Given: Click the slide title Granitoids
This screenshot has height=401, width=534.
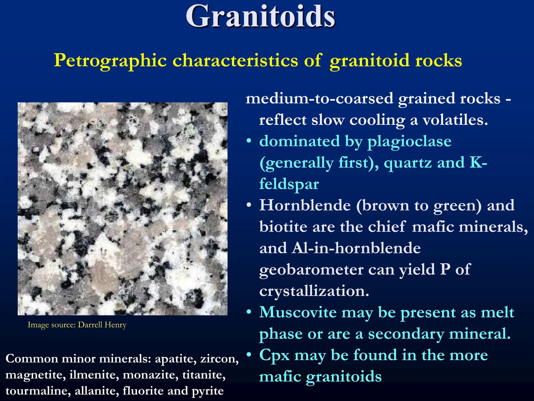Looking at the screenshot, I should coord(260,17).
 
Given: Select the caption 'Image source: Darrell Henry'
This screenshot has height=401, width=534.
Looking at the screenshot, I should coord(77,325).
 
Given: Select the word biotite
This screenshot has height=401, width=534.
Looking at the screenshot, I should coord(283,227).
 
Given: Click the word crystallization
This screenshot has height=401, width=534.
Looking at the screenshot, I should coord(314,291).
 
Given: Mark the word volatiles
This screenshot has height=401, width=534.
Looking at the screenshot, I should coord(455,120).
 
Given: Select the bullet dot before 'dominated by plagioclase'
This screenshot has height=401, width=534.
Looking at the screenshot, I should coord(249,141).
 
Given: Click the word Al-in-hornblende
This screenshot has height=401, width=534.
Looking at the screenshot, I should coord(356,248).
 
